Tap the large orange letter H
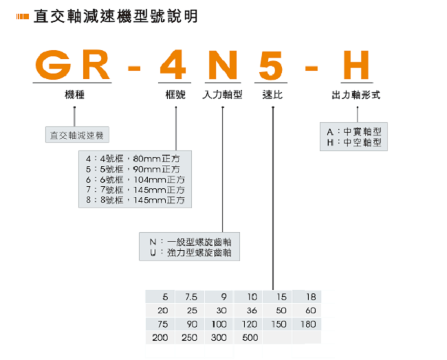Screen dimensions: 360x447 click(351, 65)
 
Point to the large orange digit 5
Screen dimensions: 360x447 click(272, 65)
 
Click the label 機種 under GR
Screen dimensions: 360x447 click(74, 95)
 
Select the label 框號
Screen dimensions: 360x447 click(176, 95)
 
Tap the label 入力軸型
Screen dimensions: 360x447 click(223, 95)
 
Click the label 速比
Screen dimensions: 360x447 click(272, 95)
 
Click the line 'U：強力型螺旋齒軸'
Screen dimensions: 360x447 click(195, 253)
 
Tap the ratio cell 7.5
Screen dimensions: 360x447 click(190, 297)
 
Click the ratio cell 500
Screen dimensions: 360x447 click(250, 337)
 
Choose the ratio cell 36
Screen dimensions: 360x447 click(250, 311)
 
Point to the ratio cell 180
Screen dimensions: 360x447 click(309, 324)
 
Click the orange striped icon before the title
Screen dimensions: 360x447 click(23, 16)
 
